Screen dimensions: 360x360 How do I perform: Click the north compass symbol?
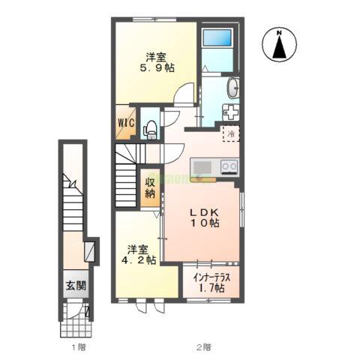(278, 44)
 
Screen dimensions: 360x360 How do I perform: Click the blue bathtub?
(219, 38)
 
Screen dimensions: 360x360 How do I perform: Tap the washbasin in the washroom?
(233, 88)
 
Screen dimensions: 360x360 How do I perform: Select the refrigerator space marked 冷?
(232, 133)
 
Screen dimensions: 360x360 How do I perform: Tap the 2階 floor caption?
(203, 346)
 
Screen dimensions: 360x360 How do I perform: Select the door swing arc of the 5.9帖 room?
(181, 97)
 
